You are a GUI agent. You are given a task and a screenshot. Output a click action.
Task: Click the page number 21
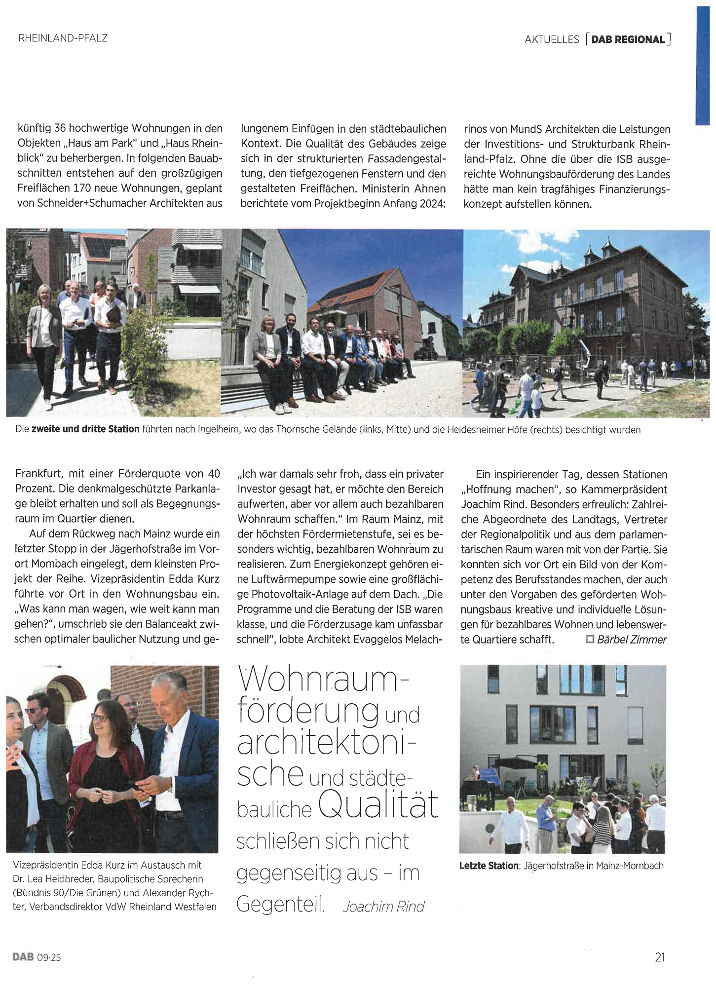click(x=660, y=957)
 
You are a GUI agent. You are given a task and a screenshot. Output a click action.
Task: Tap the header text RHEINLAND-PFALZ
click(x=63, y=38)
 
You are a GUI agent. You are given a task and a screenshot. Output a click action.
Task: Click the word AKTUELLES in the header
click(x=552, y=39)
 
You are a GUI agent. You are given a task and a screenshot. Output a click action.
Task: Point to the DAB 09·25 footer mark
click(x=37, y=957)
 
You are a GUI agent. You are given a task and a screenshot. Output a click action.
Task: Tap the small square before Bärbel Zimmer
click(x=589, y=639)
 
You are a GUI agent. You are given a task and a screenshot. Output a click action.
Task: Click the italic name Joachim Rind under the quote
click(x=383, y=907)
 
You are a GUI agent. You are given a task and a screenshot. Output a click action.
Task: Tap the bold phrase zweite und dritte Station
click(x=85, y=429)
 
